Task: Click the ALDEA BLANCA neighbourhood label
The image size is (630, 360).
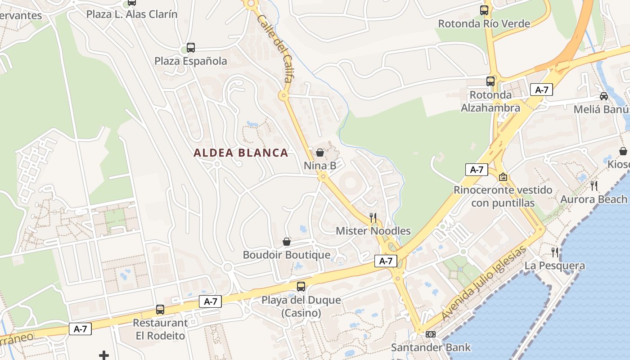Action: [241, 153]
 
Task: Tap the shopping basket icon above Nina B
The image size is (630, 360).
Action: [320, 153]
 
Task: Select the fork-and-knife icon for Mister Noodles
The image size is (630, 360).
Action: [373, 218]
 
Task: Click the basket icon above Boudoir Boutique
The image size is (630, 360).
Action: [286, 242]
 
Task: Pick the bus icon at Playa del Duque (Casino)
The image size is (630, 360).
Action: [301, 286]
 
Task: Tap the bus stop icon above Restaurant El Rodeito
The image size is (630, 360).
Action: [160, 310]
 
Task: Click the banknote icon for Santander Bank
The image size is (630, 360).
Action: [431, 334]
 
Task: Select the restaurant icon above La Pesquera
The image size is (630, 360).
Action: [555, 252]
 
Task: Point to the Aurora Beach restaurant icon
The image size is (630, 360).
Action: [594, 185]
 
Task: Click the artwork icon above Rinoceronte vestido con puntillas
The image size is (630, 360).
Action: [503, 177]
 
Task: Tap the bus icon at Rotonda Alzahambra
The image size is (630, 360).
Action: [490, 81]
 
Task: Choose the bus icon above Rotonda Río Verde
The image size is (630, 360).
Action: [484, 10]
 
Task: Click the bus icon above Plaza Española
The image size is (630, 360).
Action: [191, 48]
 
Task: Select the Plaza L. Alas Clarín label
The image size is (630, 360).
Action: [132, 14]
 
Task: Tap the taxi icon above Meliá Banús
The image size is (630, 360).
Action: [604, 96]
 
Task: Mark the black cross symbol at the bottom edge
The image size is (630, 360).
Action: [104, 355]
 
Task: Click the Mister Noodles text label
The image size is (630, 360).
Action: [373, 231]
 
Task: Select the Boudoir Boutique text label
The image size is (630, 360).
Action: [287, 255]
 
